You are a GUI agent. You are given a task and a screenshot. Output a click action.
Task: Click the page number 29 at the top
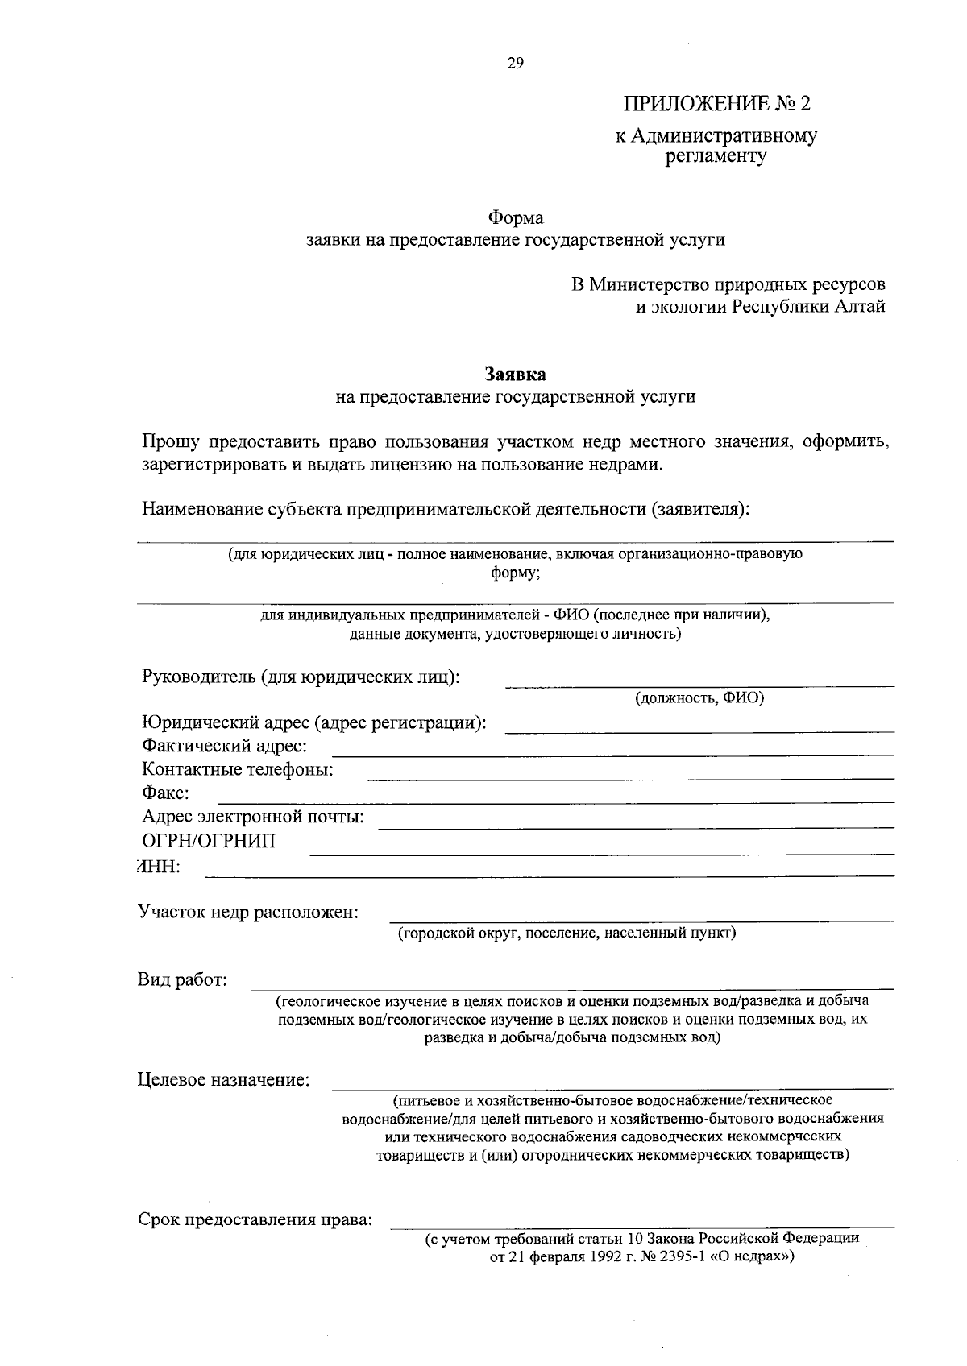coord(516,64)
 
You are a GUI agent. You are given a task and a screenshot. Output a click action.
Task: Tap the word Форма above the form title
coord(516,217)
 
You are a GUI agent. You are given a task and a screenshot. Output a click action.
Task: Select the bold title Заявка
coord(515,375)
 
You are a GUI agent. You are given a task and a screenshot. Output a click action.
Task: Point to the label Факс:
coord(165,793)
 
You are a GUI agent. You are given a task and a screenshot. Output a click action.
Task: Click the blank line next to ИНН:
coord(548,874)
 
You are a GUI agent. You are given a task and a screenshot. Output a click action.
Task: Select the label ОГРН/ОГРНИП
coord(208,842)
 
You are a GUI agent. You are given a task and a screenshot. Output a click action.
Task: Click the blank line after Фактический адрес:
coord(612,754)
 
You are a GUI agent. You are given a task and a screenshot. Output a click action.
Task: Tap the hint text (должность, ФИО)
coord(699,697)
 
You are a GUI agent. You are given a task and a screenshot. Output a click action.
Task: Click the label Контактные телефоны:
coord(238,770)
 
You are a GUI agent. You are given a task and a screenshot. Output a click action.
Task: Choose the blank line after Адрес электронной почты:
coord(637,826)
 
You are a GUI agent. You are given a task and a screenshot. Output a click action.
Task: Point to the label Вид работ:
coord(182,980)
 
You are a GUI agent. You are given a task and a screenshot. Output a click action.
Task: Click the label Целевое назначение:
coord(224,1079)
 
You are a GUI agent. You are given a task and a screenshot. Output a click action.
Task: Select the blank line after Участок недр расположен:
coord(641,919)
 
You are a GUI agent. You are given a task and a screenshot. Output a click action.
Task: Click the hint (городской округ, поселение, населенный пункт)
coord(567,933)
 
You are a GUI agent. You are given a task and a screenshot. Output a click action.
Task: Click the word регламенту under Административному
coord(716,156)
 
